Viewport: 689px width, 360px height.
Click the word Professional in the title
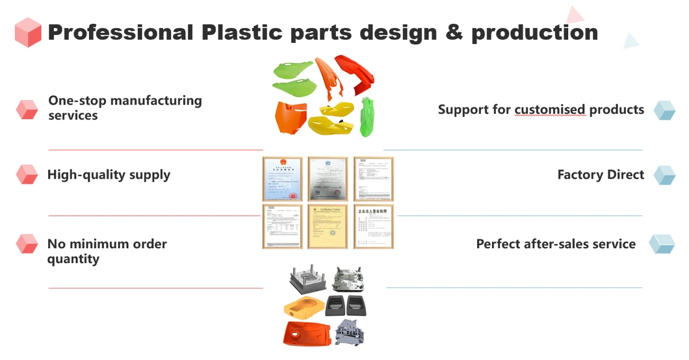click(120, 32)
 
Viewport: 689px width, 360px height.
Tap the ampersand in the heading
click(454, 32)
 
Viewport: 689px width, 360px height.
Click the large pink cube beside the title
click(28, 32)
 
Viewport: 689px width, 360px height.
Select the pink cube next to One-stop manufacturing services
click(27, 109)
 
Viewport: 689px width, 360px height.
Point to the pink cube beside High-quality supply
click(27, 174)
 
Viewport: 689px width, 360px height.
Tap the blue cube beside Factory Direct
click(664, 175)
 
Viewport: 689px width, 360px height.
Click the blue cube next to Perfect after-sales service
click(662, 244)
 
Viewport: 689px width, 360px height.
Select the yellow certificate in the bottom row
click(328, 226)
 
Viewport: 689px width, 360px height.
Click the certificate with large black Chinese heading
click(373, 226)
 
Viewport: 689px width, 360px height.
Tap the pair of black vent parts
click(346, 304)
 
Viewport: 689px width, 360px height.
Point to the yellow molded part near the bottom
click(302, 305)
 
